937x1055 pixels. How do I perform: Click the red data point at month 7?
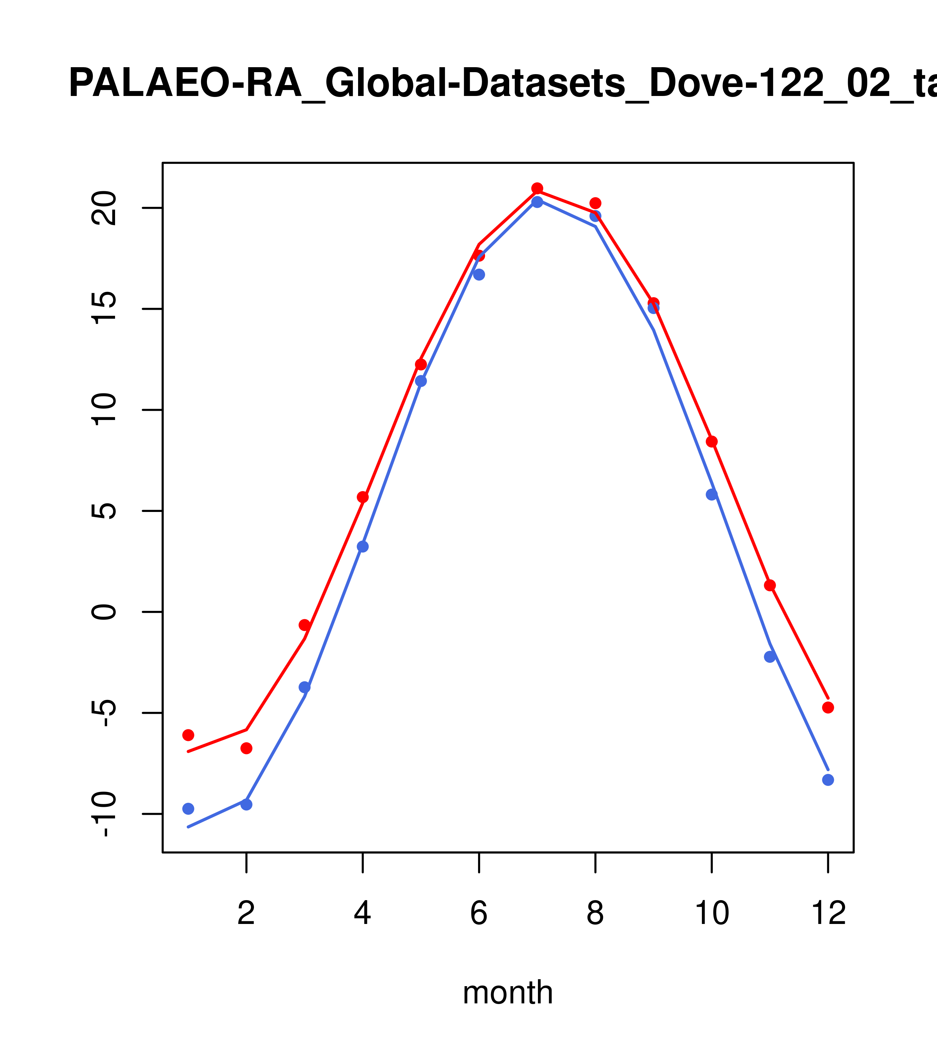(537, 188)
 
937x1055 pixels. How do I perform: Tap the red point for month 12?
(828, 708)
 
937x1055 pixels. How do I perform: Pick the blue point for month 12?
(828, 780)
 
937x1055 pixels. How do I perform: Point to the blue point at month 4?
(362, 547)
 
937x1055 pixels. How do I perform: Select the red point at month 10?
(712, 441)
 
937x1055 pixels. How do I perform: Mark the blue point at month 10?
(712, 494)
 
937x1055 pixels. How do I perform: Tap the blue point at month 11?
(770, 657)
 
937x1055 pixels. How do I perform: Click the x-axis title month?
(508, 992)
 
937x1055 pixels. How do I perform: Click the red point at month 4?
(362, 497)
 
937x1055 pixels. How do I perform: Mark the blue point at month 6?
(479, 275)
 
